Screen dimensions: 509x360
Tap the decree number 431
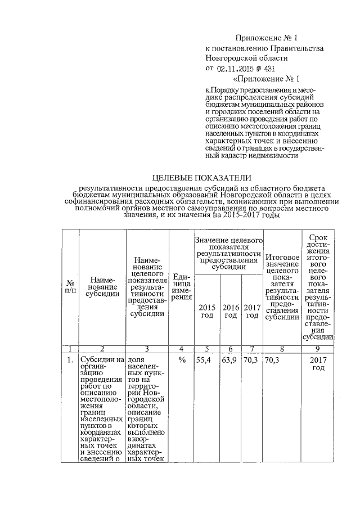tap(267, 68)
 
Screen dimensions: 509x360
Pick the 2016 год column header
tap(231, 311)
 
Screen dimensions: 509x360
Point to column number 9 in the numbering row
tap(318, 349)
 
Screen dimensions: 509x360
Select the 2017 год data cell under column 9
tap(318, 363)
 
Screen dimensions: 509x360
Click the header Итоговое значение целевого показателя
tap(282, 286)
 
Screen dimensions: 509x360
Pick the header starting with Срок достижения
tap(318, 286)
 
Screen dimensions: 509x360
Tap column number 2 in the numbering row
tap(101, 349)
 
